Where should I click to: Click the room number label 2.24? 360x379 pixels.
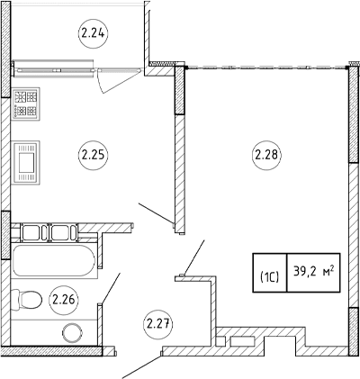point(93,33)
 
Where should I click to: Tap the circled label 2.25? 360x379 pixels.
point(93,155)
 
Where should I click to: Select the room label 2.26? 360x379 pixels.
point(64,300)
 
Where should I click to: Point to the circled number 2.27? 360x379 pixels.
point(158,324)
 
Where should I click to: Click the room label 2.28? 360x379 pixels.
point(266,155)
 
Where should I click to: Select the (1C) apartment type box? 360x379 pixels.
point(270,273)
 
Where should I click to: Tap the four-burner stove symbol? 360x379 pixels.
point(25,104)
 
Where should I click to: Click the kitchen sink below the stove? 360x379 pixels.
point(25,162)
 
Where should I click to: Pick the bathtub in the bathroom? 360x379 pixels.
point(54,261)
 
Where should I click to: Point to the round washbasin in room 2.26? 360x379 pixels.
point(72,332)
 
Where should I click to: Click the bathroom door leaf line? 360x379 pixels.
point(111,288)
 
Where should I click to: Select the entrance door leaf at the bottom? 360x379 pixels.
point(141,367)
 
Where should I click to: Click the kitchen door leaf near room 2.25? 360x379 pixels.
point(156,213)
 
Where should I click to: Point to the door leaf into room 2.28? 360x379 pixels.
point(194,257)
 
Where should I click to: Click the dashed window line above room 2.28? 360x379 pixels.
point(266,68)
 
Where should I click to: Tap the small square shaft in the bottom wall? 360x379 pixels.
point(220,341)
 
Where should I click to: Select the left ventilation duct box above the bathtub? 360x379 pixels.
point(31,232)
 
